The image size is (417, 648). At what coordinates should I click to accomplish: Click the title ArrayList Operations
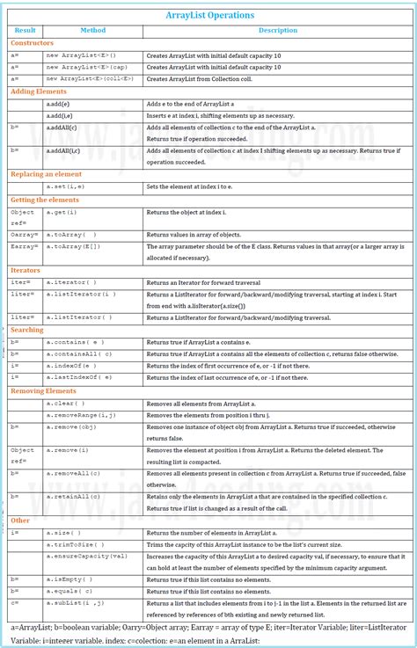(209, 15)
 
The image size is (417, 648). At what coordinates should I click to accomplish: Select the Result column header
(26, 31)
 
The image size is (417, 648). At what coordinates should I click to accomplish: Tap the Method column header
(92, 31)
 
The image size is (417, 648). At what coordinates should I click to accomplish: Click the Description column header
(277, 31)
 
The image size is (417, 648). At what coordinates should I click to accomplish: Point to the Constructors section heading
(33, 43)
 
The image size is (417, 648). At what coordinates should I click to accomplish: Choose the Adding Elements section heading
(39, 91)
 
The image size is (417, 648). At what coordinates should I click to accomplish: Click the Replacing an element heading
(46, 175)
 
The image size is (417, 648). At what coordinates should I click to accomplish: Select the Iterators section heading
(26, 271)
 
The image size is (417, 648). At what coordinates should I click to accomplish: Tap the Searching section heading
(27, 330)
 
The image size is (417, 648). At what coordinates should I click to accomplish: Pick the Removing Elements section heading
(44, 390)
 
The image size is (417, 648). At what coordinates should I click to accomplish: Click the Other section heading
(20, 521)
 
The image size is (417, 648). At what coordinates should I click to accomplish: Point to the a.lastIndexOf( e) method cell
(79, 377)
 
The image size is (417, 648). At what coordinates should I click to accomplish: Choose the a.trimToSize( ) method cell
(76, 544)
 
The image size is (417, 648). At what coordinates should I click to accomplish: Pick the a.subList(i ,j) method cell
(77, 604)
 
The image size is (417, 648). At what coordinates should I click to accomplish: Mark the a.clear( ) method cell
(63, 402)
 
